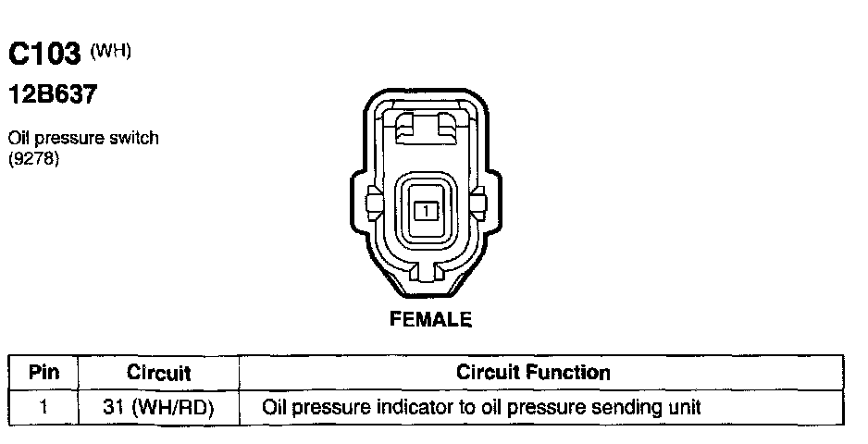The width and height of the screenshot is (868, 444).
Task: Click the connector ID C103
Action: tap(45, 56)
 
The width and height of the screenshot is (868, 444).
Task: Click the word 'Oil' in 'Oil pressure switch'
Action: tap(19, 138)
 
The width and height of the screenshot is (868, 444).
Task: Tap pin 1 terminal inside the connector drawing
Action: tap(425, 210)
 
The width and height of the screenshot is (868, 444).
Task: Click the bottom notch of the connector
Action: tap(426, 274)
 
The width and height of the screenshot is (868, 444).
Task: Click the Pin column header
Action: tap(44, 373)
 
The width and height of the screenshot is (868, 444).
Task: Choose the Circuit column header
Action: tap(158, 373)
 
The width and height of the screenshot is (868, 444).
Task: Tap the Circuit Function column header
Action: tap(533, 373)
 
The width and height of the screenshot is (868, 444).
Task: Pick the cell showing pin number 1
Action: tap(44, 406)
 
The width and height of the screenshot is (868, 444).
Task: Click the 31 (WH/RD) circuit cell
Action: tap(158, 406)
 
